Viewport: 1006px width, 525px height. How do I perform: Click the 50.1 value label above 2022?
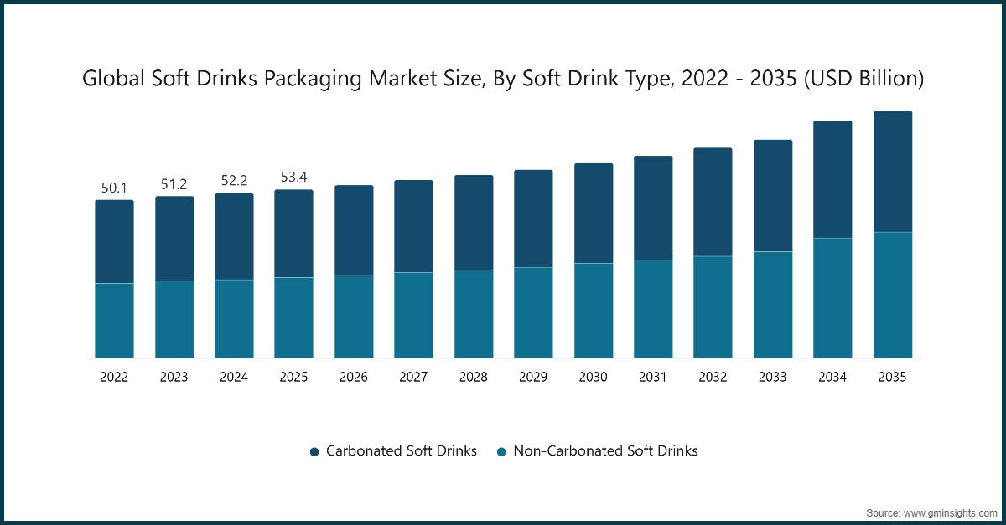(x=114, y=188)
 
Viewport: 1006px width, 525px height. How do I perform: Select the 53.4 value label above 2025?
(x=293, y=178)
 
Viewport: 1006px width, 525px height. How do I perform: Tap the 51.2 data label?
(x=174, y=184)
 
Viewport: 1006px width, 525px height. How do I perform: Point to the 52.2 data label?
(x=234, y=181)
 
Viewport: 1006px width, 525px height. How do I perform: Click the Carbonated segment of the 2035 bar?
(x=893, y=172)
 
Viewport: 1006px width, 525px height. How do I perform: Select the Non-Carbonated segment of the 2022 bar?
(x=114, y=321)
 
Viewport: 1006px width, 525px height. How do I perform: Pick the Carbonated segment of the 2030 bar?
(x=594, y=214)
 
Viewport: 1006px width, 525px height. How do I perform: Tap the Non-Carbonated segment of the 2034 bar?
(x=832, y=298)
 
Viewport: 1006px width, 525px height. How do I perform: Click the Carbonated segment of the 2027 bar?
(x=413, y=226)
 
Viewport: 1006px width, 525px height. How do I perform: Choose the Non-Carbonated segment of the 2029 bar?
(x=533, y=312)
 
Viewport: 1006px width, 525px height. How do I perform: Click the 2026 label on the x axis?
(x=354, y=378)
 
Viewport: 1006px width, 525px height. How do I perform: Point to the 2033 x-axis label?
(x=773, y=378)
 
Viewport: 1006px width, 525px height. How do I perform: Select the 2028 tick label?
(x=474, y=378)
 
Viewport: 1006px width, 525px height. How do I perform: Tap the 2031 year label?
(x=653, y=378)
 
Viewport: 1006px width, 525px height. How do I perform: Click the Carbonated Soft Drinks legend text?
(x=401, y=450)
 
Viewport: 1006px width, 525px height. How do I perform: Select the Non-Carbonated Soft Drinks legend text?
(x=605, y=450)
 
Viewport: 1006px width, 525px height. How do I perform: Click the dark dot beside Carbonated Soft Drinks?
(x=314, y=451)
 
